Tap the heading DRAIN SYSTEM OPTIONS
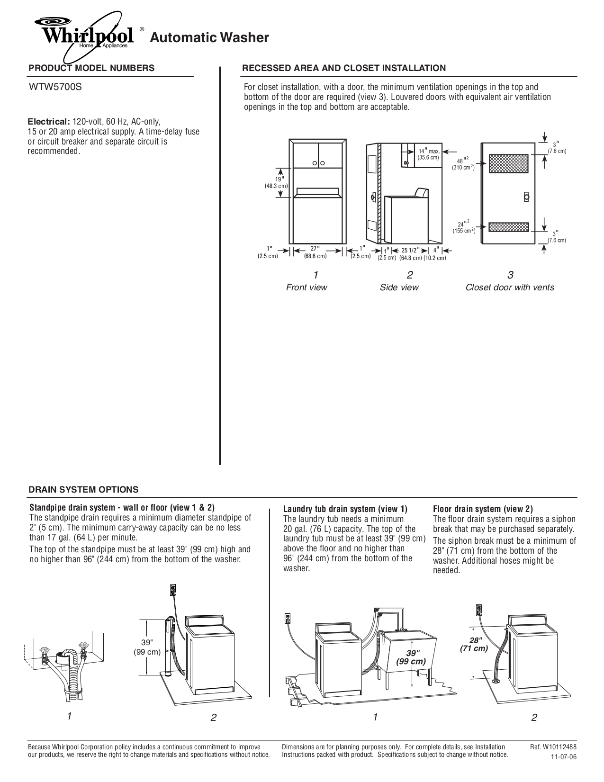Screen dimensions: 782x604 [x=83, y=489]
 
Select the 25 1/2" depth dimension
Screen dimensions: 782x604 [x=410, y=250]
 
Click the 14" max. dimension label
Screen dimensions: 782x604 [x=429, y=152]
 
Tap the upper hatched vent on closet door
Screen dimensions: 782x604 [x=508, y=163]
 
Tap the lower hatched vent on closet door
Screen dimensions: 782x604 [x=508, y=227]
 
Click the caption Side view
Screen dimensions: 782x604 [x=399, y=288]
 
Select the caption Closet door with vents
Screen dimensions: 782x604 [x=510, y=288]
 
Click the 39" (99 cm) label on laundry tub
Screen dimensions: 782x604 [x=411, y=657]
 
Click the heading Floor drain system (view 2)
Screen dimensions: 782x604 [x=483, y=509]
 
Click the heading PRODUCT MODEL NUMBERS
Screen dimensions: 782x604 [x=91, y=68]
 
